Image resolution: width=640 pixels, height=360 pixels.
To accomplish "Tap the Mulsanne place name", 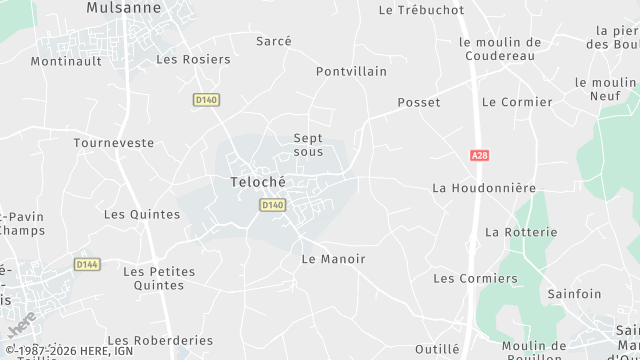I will point(123,8).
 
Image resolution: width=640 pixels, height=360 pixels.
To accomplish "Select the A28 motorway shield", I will point(480,156).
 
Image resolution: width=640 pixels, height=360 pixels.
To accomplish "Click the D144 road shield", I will point(87,264).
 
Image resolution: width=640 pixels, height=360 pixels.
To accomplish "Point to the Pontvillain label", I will point(351,72).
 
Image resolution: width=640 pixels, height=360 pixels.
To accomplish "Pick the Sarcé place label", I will point(274,41).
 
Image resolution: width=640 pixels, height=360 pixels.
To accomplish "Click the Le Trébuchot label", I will point(421,10).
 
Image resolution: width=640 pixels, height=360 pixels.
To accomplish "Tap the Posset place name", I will point(418,103).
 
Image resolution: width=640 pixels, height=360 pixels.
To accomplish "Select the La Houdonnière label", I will point(484,188).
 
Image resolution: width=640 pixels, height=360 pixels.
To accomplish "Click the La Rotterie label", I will point(521,232).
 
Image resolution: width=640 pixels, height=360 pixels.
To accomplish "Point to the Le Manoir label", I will point(333,259).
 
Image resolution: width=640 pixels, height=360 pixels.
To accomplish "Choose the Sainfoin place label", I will point(574,294).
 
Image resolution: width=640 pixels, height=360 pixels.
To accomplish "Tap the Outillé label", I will point(436,348).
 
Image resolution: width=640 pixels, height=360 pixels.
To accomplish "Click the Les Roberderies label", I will point(160,340).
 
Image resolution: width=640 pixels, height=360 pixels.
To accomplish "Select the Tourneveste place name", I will point(114,143).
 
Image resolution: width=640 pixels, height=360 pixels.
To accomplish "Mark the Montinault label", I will point(66,61).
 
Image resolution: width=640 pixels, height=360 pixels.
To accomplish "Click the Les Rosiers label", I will point(193,59).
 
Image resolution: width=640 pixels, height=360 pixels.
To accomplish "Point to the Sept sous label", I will point(308,145).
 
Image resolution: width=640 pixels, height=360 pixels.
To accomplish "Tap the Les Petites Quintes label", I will point(153,278).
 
